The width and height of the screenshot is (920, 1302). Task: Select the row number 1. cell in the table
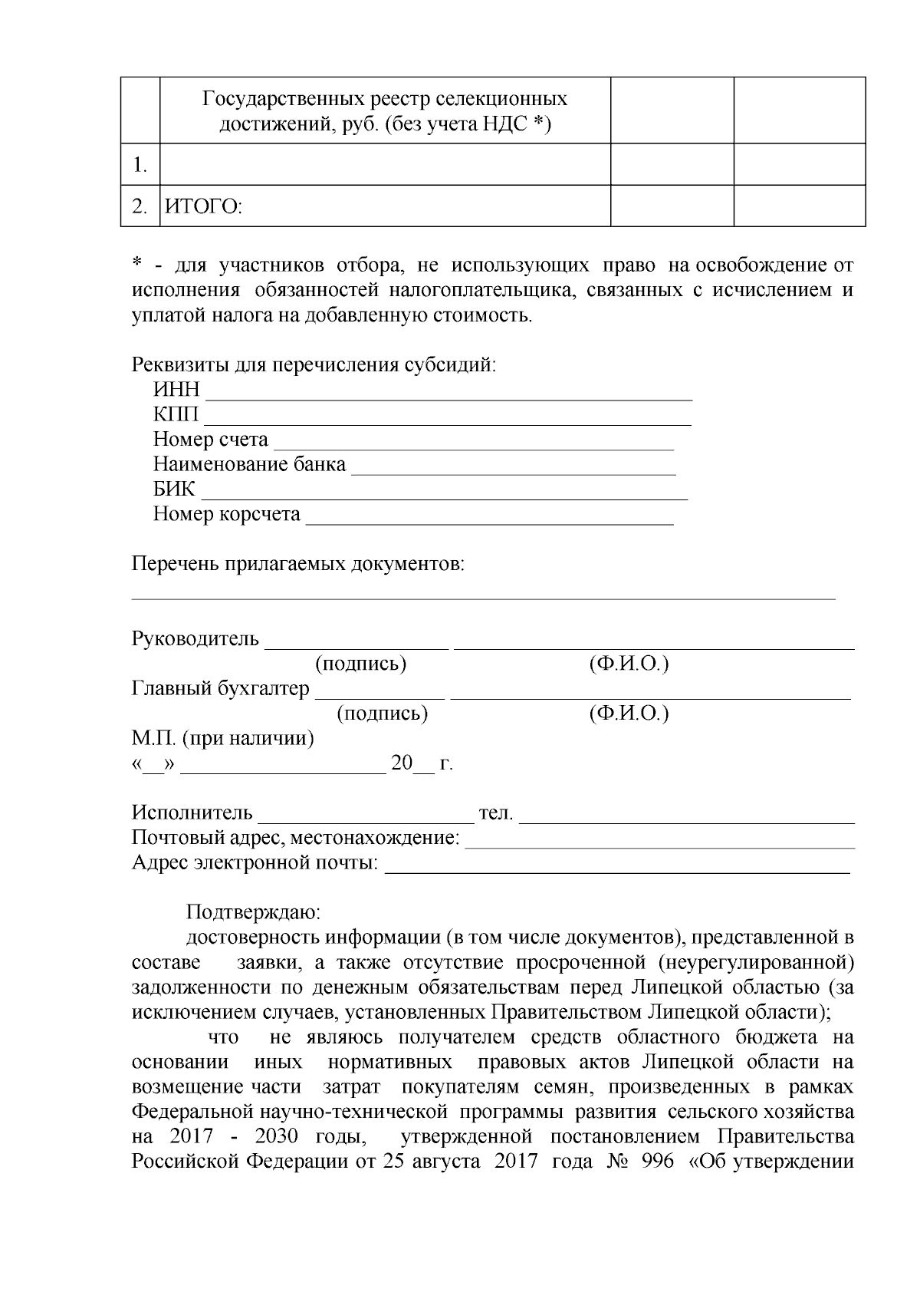(140, 164)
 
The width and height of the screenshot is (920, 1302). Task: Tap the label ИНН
(176, 390)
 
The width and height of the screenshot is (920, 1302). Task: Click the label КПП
(176, 415)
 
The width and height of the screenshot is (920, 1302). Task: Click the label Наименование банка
(249, 465)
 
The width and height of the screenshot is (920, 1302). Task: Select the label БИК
(174, 489)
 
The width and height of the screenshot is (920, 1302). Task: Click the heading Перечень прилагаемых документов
(298, 565)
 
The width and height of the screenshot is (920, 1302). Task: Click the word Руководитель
(195, 639)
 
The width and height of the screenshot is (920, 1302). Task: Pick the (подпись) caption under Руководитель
(360, 664)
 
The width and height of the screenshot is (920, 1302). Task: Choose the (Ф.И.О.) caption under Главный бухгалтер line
(629, 714)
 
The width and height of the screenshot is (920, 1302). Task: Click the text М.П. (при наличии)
(222, 739)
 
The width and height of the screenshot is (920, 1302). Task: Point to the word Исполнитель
(192, 813)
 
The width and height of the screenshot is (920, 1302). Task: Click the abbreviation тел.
(495, 813)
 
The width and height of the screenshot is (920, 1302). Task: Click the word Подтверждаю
(253, 913)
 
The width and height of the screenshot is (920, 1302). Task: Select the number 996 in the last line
(656, 1162)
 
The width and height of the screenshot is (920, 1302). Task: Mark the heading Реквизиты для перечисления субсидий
(314, 365)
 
